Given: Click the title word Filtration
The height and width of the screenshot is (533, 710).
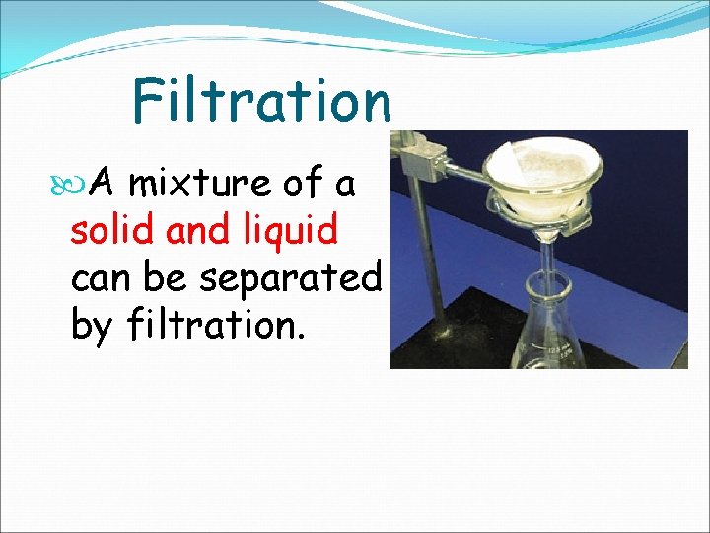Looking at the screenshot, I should tap(261, 101).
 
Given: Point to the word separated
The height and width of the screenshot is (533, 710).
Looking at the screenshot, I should tap(289, 279).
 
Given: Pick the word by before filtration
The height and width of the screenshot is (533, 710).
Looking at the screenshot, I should tap(93, 326).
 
